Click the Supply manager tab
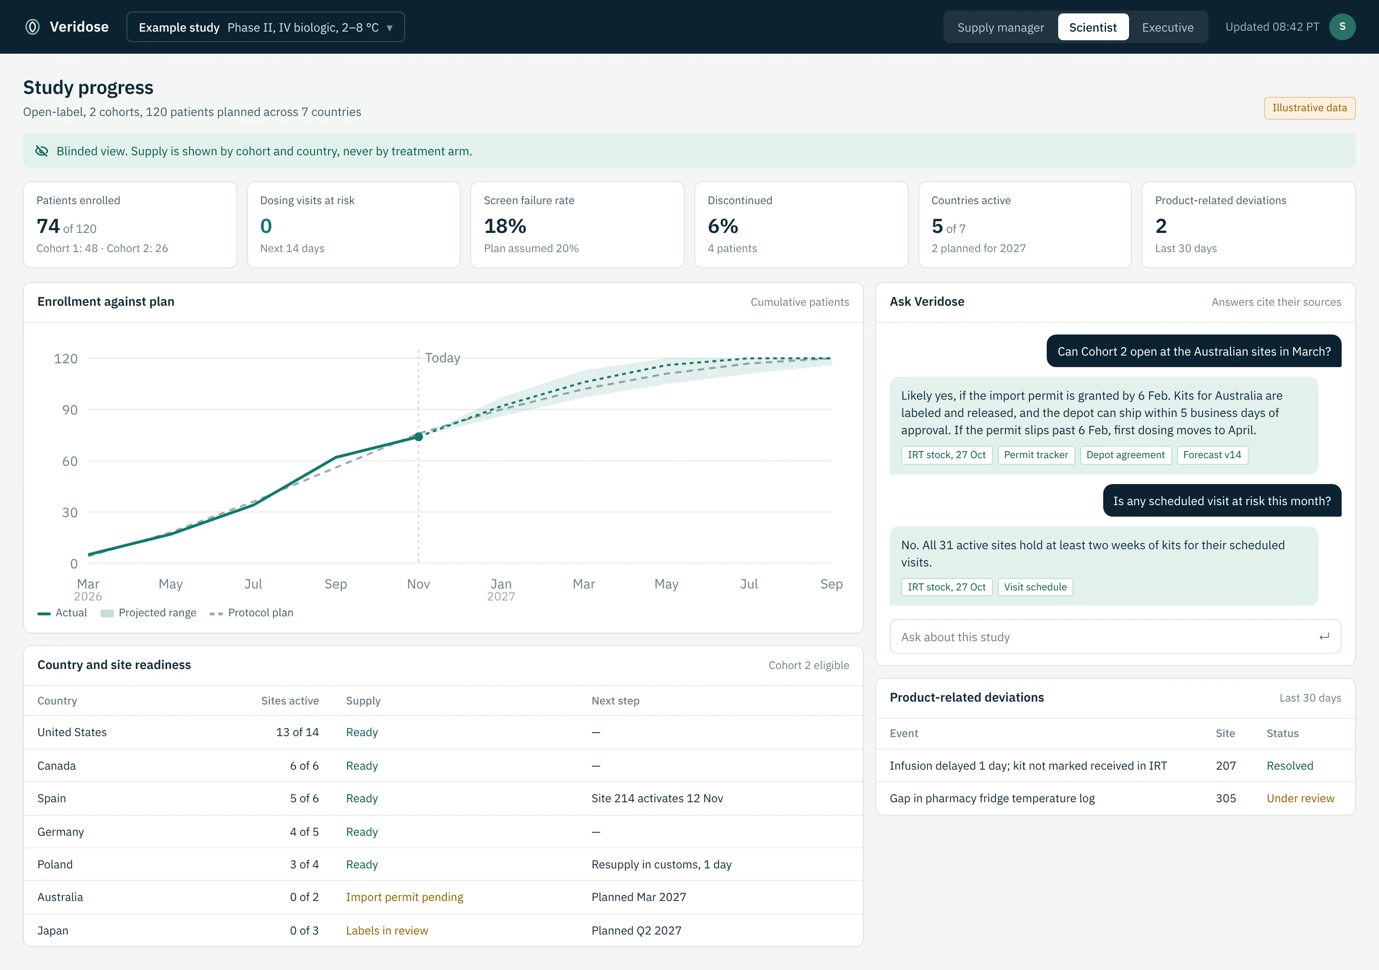1001,27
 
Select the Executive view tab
1167,27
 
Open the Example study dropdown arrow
390,28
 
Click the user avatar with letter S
1342,27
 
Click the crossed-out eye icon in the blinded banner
42,151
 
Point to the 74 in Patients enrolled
48,226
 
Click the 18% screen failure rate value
505,226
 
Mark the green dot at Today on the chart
418,437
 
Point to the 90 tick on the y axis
70,410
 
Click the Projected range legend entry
148,612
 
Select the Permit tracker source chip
1036,455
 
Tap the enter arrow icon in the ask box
1324,636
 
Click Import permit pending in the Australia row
404,897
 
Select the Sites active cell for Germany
304,832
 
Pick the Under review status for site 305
1300,798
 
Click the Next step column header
615,701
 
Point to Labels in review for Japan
387,930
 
